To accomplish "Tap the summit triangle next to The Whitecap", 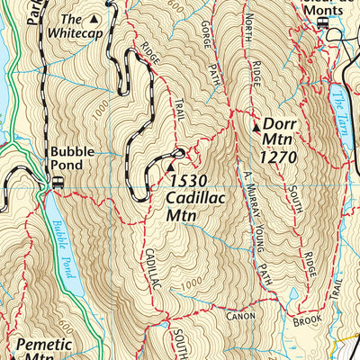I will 94,18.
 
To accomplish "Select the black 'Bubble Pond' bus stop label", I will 67,158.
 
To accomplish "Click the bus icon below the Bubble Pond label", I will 58,181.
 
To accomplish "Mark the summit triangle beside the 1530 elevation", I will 171,166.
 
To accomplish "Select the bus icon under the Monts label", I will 322,23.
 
